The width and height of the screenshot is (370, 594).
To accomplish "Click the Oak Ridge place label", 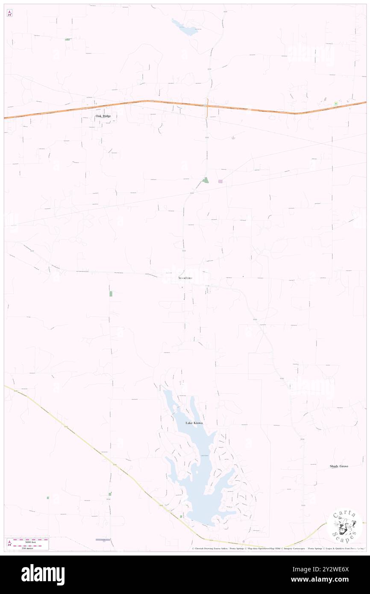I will point(103,116).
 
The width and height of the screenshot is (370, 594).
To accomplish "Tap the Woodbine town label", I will point(185,278).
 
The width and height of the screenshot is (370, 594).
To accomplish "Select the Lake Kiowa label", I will point(194,423).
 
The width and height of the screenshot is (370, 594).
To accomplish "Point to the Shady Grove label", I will point(339,466).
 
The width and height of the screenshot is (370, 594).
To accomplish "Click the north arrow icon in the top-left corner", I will point(9,13).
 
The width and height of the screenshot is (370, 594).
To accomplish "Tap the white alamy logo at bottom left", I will point(43,575).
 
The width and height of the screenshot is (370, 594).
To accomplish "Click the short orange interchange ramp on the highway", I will point(206,110).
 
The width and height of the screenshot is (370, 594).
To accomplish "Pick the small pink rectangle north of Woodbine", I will point(220,182).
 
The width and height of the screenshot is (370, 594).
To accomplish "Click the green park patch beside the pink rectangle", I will point(206,180).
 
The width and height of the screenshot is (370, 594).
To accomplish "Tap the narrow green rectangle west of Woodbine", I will point(111,294).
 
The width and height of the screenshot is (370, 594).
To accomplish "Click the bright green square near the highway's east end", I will point(336,104).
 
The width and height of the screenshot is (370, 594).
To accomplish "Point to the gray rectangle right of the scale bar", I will point(103,540).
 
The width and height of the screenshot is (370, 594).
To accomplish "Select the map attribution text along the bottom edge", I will point(278,549).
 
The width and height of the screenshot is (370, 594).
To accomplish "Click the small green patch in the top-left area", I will point(68,39).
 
